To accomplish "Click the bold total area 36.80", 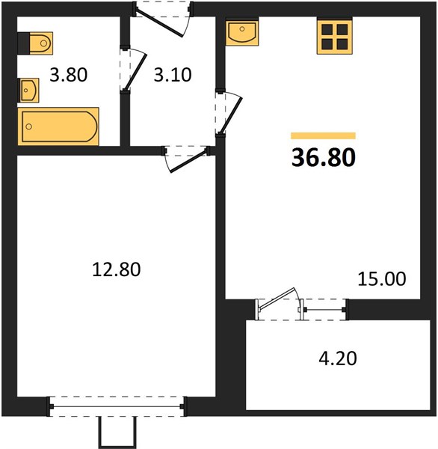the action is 324,157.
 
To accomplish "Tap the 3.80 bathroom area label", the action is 68,75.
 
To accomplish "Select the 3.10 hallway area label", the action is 173,75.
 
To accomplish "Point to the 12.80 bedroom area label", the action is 117,269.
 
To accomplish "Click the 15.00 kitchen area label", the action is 382,278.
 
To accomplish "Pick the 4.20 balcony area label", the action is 338,358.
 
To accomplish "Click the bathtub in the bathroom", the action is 58,126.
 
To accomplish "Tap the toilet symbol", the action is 35,43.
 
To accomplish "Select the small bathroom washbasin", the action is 28,91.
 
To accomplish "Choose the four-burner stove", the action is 335,37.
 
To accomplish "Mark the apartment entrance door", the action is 159,24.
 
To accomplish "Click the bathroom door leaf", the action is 138,70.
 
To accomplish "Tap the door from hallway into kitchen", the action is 232,115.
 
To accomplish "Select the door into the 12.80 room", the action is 188,161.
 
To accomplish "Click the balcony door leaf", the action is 277,299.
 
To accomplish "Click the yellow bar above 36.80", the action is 324,135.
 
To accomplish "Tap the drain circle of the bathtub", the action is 28,126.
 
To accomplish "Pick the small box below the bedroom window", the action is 117,432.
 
